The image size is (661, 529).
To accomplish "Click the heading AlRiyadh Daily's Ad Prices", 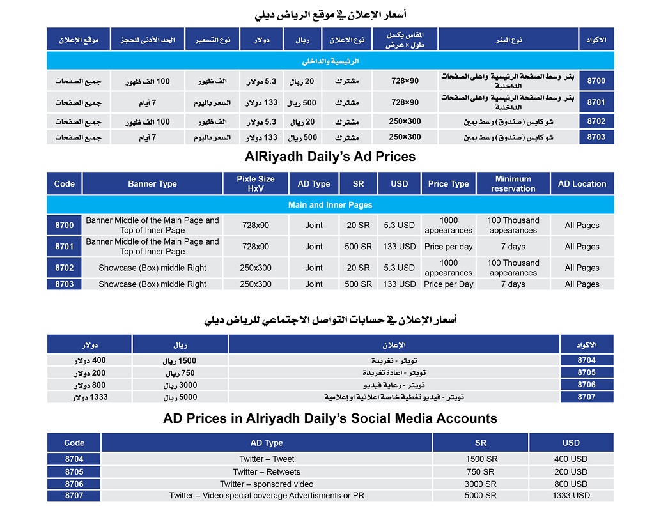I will [x=330, y=157].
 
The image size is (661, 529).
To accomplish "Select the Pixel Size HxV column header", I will [x=255, y=183].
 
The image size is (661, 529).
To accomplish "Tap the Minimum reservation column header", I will [x=513, y=183].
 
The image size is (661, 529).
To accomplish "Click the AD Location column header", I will [x=582, y=183].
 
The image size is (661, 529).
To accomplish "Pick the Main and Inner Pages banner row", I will [x=330, y=205].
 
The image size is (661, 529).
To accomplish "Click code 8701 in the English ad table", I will [x=64, y=246].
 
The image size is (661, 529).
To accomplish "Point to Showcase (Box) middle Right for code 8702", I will [x=152, y=268].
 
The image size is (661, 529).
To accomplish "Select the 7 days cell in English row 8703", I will [x=513, y=284].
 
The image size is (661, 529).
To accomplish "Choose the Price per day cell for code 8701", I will [x=448, y=246].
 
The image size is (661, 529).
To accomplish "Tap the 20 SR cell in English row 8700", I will [x=358, y=225].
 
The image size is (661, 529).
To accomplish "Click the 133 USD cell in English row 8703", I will [x=399, y=284].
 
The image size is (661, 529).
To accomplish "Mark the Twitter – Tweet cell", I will [x=267, y=459].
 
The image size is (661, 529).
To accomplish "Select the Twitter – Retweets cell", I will [x=267, y=471].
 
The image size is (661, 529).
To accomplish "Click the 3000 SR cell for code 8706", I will [x=481, y=484].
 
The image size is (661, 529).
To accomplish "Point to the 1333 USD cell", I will [x=571, y=495].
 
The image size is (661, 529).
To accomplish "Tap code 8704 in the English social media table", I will [x=74, y=459].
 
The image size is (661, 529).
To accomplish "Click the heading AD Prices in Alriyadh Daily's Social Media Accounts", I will [x=330, y=419].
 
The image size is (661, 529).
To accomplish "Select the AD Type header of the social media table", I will [x=267, y=443].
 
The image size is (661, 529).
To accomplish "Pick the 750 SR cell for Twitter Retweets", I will [x=481, y=471].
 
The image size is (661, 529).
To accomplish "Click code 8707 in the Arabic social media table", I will [x=586, y=397].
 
